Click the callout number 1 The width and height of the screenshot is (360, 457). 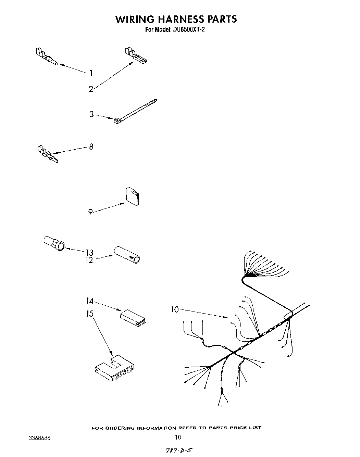pyautogui.click(x=91, y=73)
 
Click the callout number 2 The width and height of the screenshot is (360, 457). pyautogui.click(x=91, y=89)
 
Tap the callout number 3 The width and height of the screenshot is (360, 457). pyautogui.click(x=91, y=114)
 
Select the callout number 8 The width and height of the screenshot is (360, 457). pyautogui.click(x=91, y=147)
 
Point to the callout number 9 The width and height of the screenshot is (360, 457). pyautogui.click(x=90, y=212)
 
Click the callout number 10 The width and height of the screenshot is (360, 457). pyautogui.click(x=175, y=309)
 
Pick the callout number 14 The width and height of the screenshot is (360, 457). pyautogui.click(x=89, y=301)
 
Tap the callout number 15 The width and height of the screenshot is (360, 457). pyautogui.click(x=90, y=314)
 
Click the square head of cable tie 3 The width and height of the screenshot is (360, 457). pyautogui.click(x=116, y=120)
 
